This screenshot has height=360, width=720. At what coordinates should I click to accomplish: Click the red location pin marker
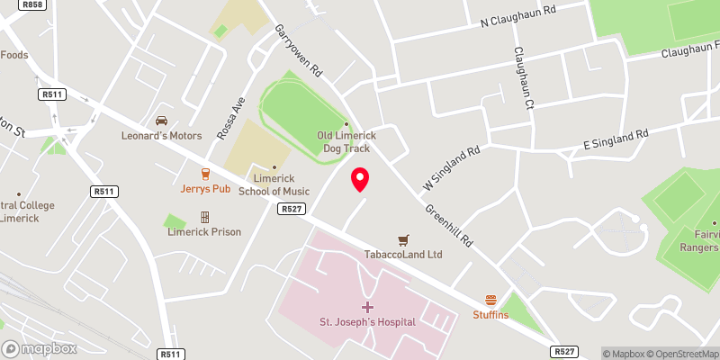360,178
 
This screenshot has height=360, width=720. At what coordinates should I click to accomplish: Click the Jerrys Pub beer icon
205,174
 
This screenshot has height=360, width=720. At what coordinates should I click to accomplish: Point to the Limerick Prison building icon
205,217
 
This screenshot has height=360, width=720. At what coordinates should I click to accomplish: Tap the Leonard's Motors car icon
162,121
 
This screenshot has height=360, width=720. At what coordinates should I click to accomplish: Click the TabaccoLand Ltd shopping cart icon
404,239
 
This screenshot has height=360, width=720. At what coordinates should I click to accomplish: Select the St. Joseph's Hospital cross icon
367,307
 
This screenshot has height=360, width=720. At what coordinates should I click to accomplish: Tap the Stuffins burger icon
491,300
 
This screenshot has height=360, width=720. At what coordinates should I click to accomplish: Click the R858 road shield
33,5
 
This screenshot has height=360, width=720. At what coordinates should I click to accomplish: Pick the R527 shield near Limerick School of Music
290,209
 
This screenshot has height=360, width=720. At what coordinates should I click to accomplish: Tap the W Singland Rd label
441,167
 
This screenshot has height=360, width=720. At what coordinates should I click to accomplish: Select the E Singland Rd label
616,138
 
